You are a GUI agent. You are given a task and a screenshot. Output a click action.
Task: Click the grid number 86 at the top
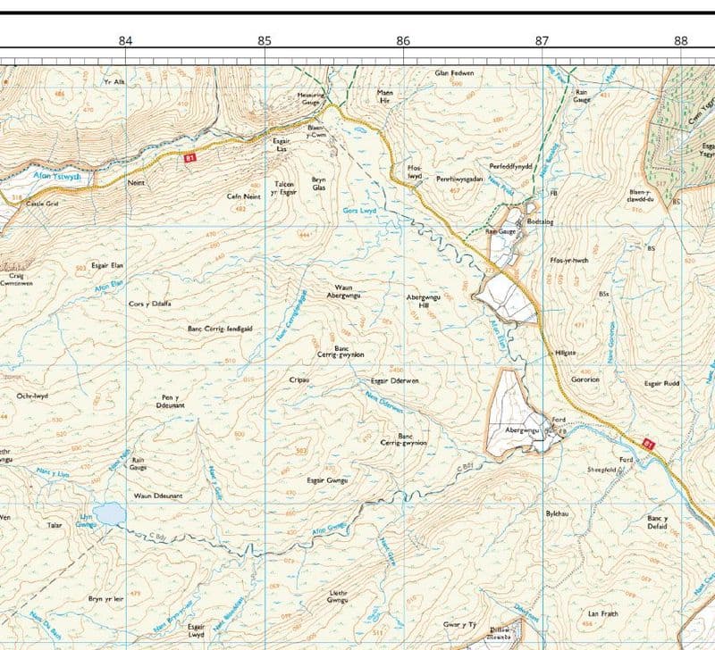click(x=403, y=40)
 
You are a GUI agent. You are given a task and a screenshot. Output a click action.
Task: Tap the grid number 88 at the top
click(x=681, y=40)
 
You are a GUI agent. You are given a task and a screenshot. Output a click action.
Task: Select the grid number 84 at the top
click(x=125, y=40)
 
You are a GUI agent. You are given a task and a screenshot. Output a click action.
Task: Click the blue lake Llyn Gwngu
click(x=109, y=513)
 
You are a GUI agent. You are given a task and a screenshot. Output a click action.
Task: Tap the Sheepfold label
click(x=603, y=469)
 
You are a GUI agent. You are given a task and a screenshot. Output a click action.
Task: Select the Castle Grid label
click(x=42, y=204)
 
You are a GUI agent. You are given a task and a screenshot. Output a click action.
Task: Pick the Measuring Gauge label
click(x=309, y=98)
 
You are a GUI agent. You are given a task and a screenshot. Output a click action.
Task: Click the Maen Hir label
click(x=385, y=96)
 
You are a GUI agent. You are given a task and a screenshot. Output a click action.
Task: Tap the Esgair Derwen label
click(x=394, y=381)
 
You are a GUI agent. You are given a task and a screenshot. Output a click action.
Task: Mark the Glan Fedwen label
click(x=453, y=72)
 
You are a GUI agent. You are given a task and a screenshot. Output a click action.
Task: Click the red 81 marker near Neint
click(x=189, y=158)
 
